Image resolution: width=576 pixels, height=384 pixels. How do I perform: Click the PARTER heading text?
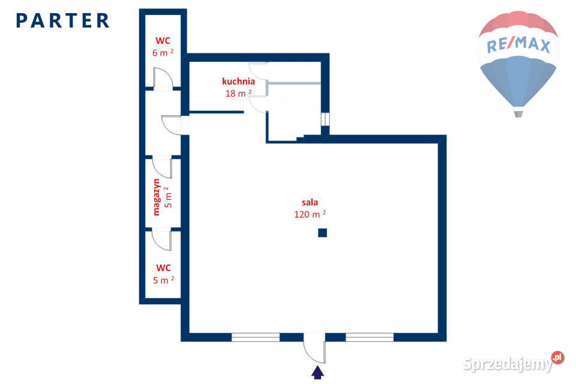63,20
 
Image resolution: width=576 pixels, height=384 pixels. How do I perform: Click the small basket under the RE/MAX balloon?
518,114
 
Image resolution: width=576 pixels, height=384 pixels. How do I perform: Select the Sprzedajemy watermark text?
508,364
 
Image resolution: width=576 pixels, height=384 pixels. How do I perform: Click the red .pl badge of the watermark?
557,357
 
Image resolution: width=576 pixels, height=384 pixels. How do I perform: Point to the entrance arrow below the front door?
318,372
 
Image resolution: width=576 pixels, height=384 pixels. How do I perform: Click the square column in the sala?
323,233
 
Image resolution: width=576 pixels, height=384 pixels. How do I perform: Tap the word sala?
310,202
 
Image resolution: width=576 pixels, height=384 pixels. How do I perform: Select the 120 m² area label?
310,214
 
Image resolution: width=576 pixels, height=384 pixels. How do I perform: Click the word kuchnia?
238,81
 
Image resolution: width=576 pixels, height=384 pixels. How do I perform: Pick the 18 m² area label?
238,94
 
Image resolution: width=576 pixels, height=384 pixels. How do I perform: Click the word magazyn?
157,197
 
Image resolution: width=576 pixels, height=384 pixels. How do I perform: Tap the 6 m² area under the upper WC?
163,53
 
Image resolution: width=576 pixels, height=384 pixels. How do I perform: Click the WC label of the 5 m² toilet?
163,268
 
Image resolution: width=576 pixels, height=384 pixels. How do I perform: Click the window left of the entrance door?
256,337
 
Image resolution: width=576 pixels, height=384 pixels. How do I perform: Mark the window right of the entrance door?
370,337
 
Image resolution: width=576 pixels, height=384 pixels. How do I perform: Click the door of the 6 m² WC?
163,78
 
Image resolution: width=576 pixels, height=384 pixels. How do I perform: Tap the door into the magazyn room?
162,167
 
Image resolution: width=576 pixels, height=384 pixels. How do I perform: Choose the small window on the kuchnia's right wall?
325,119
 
